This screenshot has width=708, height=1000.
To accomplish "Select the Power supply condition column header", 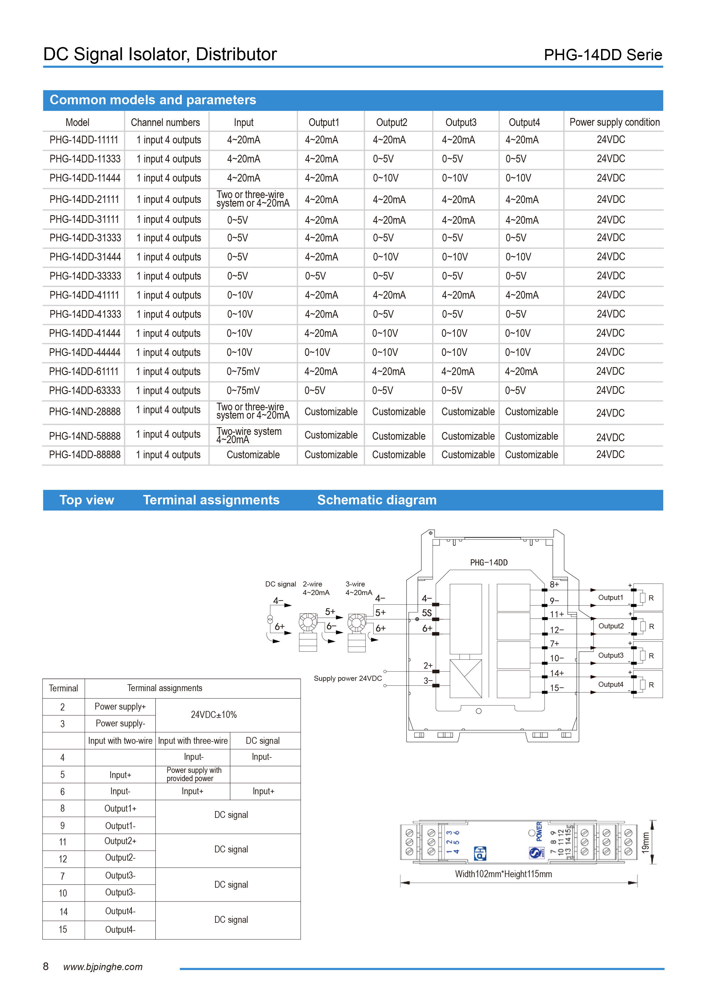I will click(614, 122).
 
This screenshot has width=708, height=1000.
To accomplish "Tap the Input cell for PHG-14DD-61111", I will click(243, 372).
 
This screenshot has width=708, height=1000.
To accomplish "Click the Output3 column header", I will click(461, 122).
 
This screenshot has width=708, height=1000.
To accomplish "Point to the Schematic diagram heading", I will click(377, 500).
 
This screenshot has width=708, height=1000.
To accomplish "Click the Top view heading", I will click(87, 500).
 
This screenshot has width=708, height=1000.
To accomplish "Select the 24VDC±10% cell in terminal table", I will click(214, 715).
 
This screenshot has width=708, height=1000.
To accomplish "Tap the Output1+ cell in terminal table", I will click(120, 808).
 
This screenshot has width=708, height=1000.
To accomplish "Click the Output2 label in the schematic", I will click(611, 626).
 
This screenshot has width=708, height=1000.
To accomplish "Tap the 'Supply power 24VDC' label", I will click(347, 678).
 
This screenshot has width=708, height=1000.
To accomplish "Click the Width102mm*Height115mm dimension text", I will click(503, 874).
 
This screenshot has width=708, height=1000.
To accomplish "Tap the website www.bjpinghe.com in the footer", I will click(103, 967).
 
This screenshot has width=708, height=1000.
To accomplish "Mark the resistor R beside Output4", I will click(643, 685).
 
